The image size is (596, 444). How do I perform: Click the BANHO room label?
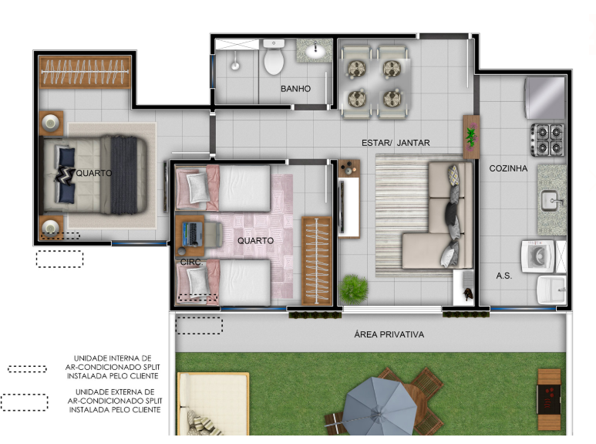(295, 89)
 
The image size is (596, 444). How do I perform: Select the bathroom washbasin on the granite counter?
(315, 51)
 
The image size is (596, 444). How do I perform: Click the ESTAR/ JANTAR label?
(396, 143)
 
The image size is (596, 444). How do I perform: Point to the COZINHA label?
(508, 168)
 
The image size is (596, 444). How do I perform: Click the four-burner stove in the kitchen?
(547, 140)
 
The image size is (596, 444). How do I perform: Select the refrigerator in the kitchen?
(544, 98)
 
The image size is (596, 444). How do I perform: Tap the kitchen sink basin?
(551, 201)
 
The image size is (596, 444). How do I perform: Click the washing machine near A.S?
(538, 256)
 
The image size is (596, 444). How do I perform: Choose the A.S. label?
(504, 276)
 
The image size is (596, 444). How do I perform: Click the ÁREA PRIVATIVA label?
(389, 334)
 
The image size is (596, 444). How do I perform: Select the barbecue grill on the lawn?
(549, 399)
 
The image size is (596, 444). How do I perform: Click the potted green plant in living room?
(353, 290)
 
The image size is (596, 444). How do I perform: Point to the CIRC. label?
(190, 263)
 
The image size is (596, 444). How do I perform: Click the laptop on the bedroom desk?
(192, 233)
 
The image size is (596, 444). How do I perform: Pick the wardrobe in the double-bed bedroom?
(85, 72)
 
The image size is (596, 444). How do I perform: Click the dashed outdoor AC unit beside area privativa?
(199, 326)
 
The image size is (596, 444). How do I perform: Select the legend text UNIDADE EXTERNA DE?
(115, 391)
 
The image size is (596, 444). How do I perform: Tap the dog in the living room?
(468, 293)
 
